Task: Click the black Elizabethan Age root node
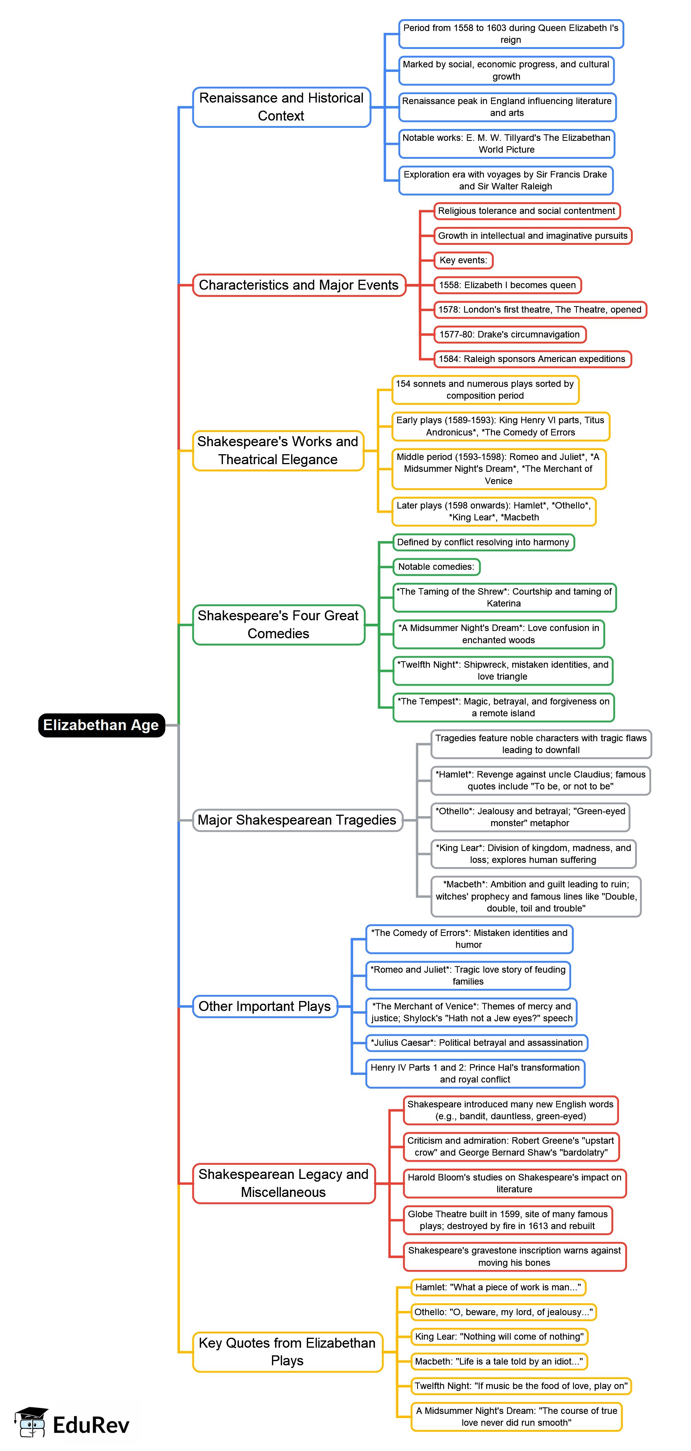[102, 725]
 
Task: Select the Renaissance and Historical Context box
[281, 107]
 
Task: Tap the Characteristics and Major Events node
[299, 285]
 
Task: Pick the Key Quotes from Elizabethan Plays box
[287, 1352]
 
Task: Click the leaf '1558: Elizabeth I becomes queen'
[507, 285]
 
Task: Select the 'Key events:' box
[463, 260]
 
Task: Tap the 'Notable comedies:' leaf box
[436, 567]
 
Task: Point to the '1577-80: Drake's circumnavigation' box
[509, 334]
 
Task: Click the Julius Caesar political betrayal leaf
[477, 1043]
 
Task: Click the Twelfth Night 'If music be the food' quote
[521, 1386]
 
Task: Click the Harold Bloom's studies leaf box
[514, 1184]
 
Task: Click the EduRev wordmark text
[91, 1425]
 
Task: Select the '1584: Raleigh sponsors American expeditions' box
[532, 359]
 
